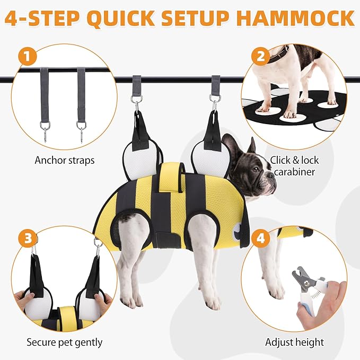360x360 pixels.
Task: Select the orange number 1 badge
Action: point(28,56)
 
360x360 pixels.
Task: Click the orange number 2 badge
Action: point(260,56)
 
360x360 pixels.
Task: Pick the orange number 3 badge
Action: point(28,238)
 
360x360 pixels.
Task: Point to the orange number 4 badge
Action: point(260,238)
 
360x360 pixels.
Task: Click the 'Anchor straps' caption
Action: point(65,160)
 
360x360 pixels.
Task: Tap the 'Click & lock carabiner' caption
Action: point(294,166)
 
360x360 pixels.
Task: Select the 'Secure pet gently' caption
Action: point(65,343)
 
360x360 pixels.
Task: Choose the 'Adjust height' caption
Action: point(294,342)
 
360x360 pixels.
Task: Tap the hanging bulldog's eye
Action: point(256,170)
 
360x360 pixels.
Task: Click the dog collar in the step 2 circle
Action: point(278,55)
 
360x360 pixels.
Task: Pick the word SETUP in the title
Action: point(196,18)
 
